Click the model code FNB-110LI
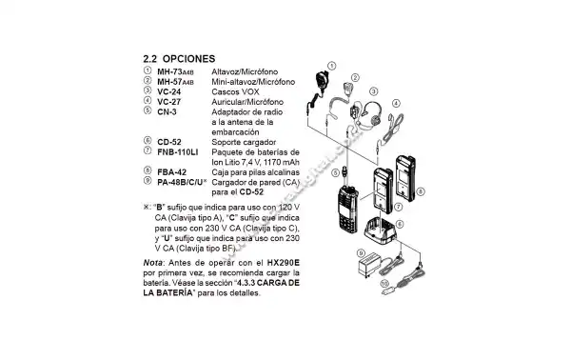click(x=177, y=151)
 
